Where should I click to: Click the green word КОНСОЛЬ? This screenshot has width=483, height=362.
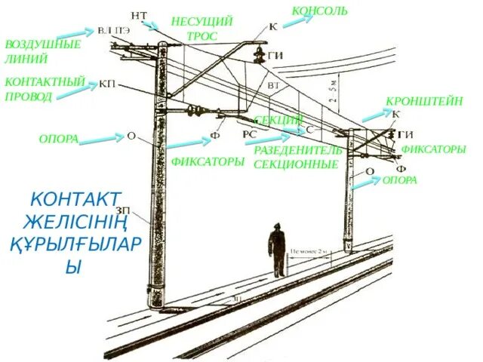pos(319,11)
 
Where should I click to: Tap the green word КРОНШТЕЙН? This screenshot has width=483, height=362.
pos(424,101)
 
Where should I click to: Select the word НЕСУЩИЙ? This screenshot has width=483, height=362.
pos(202,21)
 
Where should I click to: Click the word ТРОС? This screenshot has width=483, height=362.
pos(202,35)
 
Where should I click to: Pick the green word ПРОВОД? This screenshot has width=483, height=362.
pos(29,97)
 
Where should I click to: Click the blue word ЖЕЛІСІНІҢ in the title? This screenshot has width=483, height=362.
pos(73,223)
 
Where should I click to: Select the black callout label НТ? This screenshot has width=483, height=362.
pos(139,15)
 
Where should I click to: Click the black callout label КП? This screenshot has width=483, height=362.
pos(108,84)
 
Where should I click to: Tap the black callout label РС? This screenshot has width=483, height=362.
pos(250,133)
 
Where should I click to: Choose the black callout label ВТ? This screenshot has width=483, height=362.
pos(273,86)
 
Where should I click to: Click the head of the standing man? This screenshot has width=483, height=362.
pos(277,226)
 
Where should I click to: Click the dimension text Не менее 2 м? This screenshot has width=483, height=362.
pos(310,252)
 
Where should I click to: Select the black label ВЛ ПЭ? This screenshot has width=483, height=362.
pos(113,31)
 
